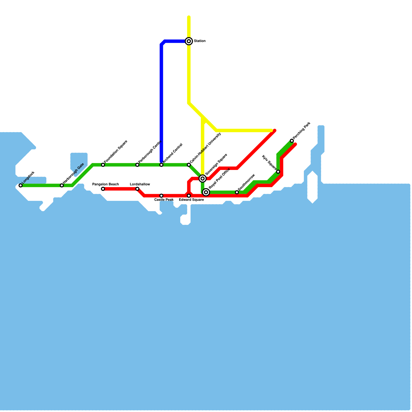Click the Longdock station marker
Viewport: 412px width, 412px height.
click(x=21, y=185)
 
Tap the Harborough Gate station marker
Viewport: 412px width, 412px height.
click(x=62, y=185)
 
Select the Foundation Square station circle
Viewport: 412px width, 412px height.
click(x=103, y=165)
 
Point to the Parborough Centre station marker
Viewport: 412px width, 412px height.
click(x=137, y=165)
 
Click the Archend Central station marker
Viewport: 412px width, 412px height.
click(x=161, y=165)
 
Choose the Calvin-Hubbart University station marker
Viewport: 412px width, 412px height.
click(x=189, y=165)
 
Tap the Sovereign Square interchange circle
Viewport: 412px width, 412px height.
click(x=203, y=178)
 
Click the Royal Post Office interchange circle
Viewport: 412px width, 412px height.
click(x=206, y=192)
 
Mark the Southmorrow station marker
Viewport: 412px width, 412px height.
click(x=237, y=192)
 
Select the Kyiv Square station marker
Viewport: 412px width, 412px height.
click(x=278, y=172)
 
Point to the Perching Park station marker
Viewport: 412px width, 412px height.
click(x=292, y=141)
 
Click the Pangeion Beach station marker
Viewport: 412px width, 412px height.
click(x=103, y=189)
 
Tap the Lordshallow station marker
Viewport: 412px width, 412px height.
click(x=137, y=189)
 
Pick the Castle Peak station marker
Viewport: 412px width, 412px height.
click(x=161, y=196)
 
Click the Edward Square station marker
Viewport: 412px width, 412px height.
click(x=189, y=196)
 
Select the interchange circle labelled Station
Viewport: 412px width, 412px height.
click(x=189, y=41)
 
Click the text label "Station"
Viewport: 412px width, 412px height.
click(x=200, y=41)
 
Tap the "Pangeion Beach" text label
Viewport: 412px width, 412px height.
click(x=106, y=184)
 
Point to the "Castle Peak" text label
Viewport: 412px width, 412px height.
click(x=164, y=200)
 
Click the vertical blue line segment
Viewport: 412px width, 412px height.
click(x=161, y=103)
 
